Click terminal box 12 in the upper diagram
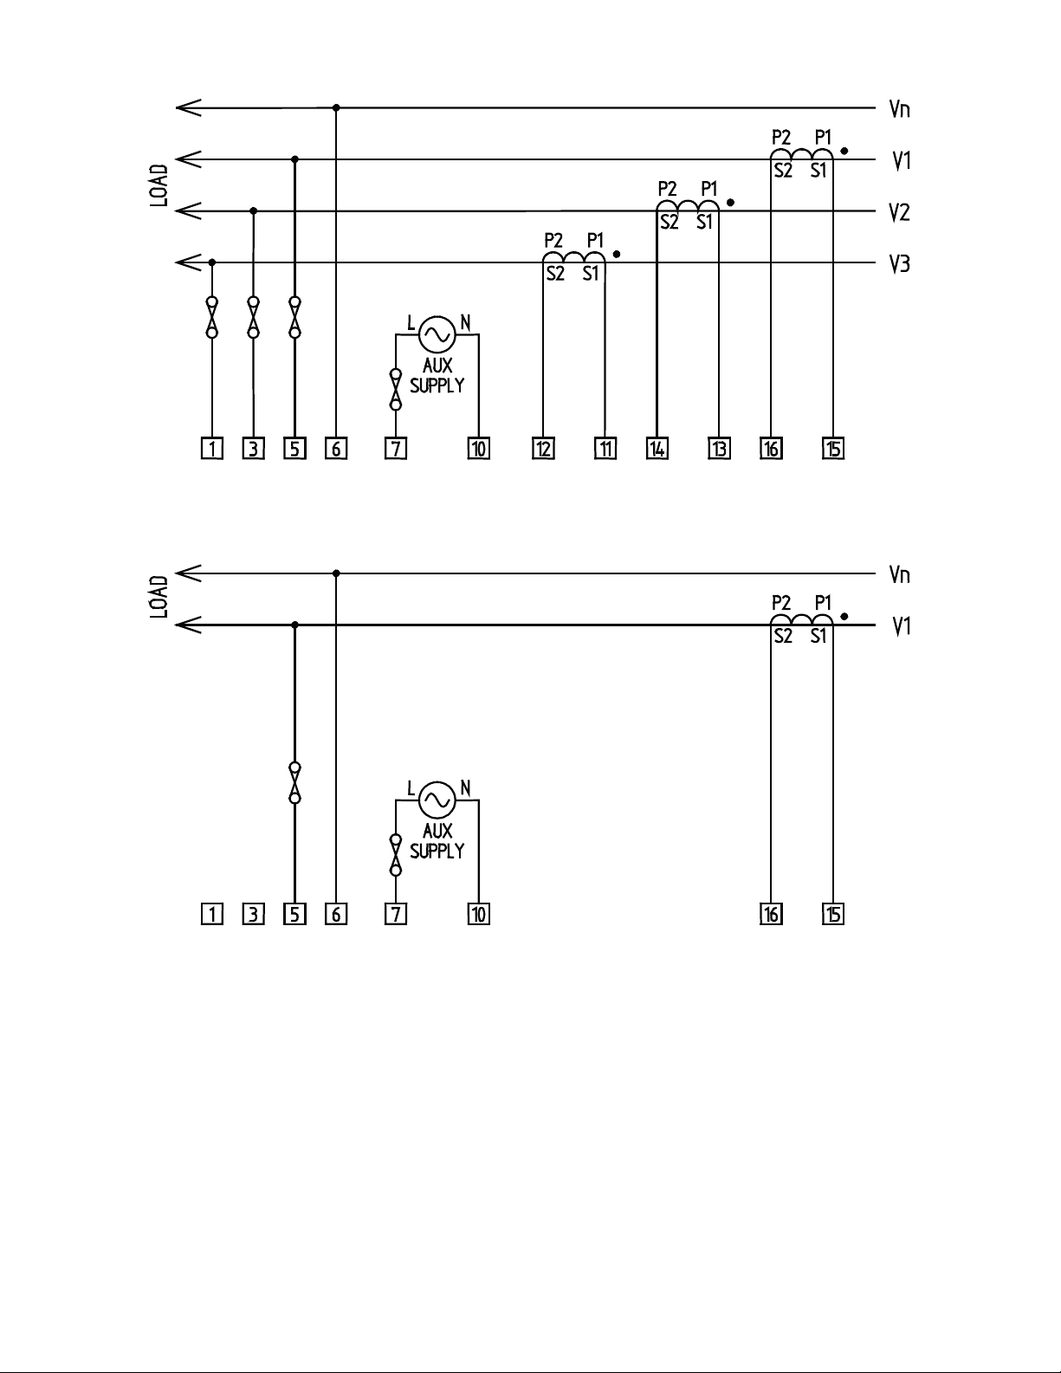(x=543, y=449)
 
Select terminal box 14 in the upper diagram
(x=657, y=449)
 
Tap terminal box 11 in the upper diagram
(x=605, y=449)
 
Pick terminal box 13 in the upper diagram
(x=719, y=449)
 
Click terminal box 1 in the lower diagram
(x=212, y=914)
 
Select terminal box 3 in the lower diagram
(x=254, y=914)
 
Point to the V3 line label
(x=900, y=264)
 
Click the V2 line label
(x=900, y=212)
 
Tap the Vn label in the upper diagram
(x=900, y=109)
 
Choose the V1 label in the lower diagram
(x=901, y=625)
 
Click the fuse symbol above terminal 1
(x=212, y=317)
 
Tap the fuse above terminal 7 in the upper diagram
(x=396, y=389)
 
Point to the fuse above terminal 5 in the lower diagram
(x=294, y=782)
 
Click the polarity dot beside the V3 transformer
(x=616, y=255)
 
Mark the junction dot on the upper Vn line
(x=336, y=108)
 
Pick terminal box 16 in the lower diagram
(x=771, y=914)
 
